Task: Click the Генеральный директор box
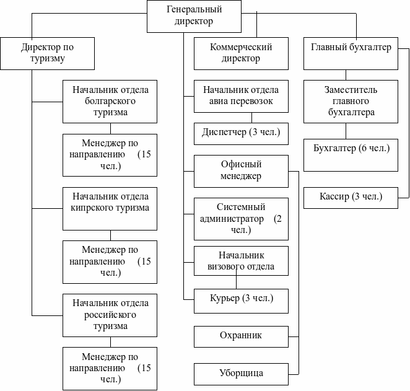click(x=194, y=15)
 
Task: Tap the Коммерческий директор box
click(x=241, y=53)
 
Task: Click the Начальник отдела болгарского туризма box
click(x=110, y=101)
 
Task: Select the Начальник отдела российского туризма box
click(x=110, y=314)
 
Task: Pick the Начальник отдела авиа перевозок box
click(x=241, y=96)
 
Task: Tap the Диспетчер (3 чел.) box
click(x=241, y=133)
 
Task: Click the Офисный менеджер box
click(x=241, y=170)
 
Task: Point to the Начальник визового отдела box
click(x=241, y=261)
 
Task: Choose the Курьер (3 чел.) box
click(x=241, y=300)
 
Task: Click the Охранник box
click(x=241, y=336)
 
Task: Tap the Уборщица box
click(x=241, y=374)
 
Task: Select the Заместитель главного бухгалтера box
click(x=351, y=101)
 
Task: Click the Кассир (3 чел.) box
click(x=351, y=198)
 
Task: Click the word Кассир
click(x=334, y=198)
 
